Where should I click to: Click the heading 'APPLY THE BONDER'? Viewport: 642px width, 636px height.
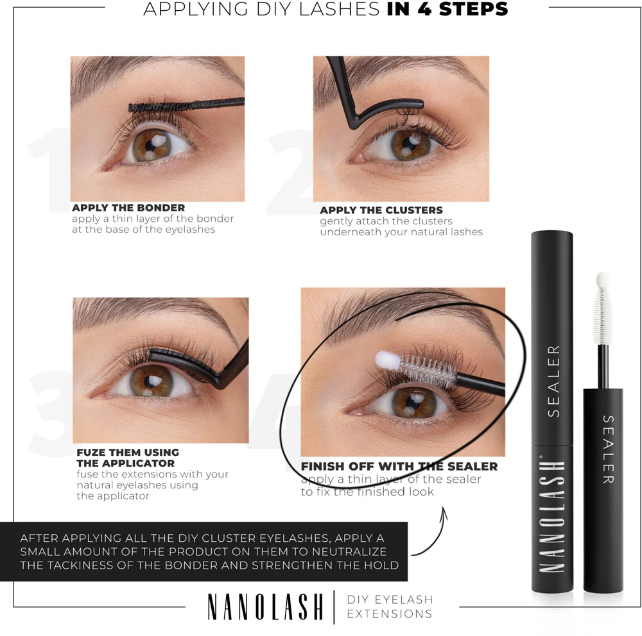128,208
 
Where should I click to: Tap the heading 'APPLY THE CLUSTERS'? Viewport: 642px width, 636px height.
381,210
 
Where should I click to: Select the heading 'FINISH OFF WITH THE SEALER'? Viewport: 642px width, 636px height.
399,466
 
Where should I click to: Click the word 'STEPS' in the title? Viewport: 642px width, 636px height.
473,9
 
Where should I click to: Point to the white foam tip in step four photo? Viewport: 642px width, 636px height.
387,360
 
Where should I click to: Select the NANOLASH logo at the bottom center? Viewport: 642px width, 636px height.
265,607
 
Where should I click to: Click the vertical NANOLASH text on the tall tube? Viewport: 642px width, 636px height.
552,516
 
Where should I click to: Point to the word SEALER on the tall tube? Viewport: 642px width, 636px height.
553,381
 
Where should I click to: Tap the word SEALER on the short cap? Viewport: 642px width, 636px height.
607,449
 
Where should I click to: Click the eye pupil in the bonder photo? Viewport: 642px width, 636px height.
150,145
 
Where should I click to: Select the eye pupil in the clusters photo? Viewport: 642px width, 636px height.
408,144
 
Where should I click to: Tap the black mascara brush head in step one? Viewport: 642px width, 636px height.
160,107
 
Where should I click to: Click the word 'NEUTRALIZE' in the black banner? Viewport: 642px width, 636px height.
349,552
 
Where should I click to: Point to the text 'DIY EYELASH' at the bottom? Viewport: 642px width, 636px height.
390,599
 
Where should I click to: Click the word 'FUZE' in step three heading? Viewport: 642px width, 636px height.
91,453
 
